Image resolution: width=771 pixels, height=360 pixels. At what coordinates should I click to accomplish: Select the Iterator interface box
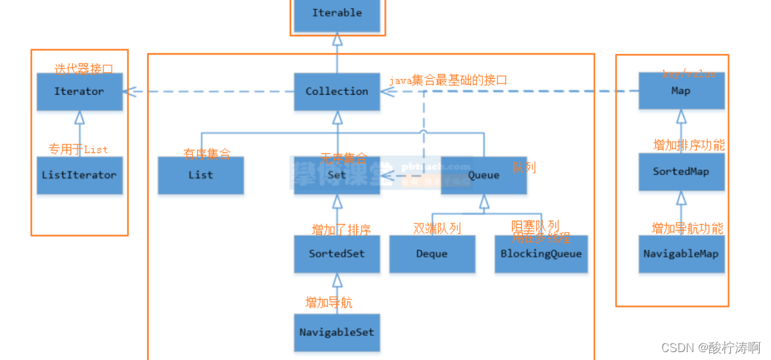(x=79, y=92)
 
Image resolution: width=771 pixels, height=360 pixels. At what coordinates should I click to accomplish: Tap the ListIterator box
(x=79, y=175)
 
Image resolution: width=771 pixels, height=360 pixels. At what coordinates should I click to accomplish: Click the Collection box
(x=337, y=92)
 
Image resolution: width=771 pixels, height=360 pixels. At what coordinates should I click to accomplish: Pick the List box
(x=200, y=175)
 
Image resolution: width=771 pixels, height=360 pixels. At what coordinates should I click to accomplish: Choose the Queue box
(x=484, y=175)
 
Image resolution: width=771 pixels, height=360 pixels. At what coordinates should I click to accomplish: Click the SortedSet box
(x=337, y=254)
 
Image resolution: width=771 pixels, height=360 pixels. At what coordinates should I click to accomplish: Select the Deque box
(x=432, y=254)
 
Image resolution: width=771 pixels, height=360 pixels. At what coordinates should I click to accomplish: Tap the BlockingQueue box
(x=541, y=254)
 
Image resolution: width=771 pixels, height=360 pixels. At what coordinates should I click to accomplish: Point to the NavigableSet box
(x=337, y=332)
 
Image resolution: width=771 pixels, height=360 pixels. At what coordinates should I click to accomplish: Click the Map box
(x=681, y=92)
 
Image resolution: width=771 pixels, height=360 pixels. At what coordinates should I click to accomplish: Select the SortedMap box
(x=681, y=172)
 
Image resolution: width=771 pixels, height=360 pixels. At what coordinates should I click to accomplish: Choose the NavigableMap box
(x=681, y=254)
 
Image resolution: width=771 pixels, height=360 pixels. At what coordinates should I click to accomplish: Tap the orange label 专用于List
(x=78, y=149)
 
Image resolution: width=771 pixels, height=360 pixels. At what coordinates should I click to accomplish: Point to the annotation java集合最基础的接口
(x=448, y=79)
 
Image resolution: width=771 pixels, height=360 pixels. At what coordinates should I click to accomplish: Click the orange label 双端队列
(x=437, y=229)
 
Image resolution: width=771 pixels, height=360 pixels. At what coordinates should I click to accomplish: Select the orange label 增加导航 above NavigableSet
(x=329, y=302)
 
